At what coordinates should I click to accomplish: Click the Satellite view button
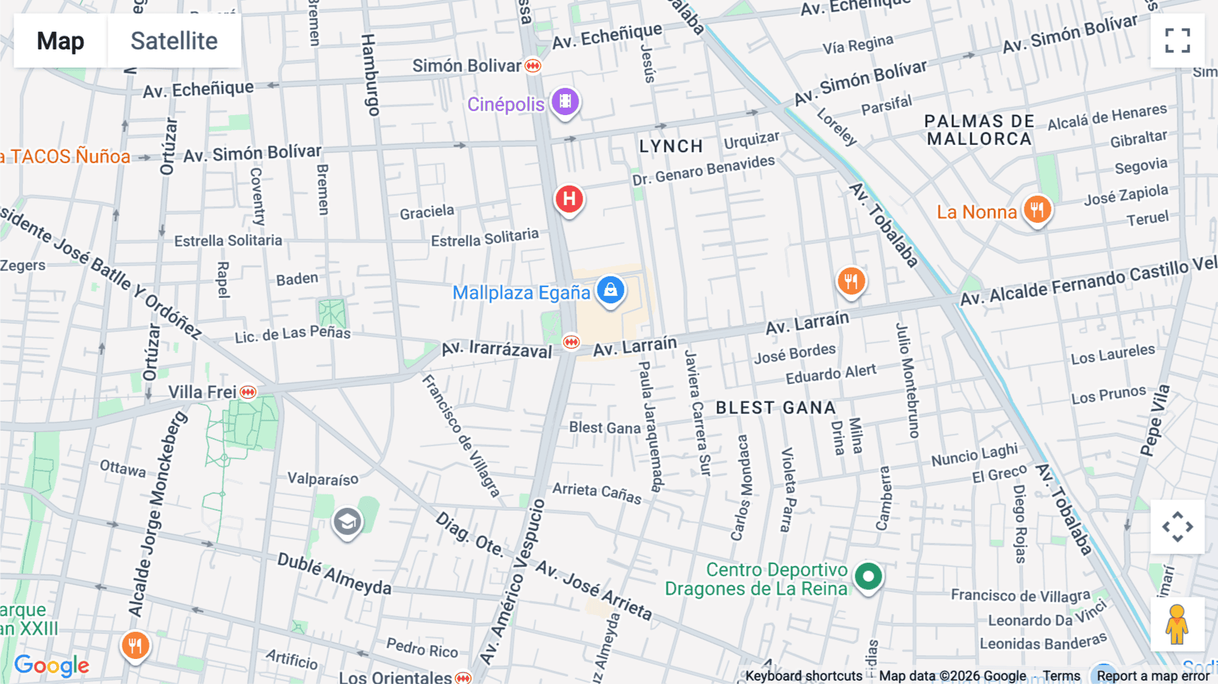pos(174,41)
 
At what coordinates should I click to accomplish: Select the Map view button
pos(60,41)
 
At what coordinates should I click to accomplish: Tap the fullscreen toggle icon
pos(1177,41)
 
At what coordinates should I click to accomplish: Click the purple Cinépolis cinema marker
pos(565,102)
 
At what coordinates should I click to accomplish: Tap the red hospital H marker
pos(569,199)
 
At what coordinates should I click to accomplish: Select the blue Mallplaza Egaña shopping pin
pos(610,290)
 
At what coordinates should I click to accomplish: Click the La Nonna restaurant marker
pos(1037,209)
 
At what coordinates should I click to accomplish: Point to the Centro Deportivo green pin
pos(868,577)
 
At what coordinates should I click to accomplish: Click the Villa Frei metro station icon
pos(248,392)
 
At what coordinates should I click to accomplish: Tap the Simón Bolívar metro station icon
pos(533,66)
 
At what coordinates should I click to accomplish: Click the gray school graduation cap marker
pos(347,522)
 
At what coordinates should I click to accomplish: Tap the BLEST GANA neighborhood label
pos(775,408)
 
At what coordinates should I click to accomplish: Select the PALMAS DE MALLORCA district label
pos(979,130)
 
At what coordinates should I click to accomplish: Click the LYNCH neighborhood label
pos(671,146)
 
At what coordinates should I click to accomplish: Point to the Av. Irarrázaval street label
pos(497,349)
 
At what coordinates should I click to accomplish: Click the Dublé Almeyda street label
pos(334,574)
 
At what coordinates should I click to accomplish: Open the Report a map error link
pos(1153,676)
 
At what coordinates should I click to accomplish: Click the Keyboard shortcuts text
pos(804,676)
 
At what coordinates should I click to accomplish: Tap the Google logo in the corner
pos(51,665)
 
